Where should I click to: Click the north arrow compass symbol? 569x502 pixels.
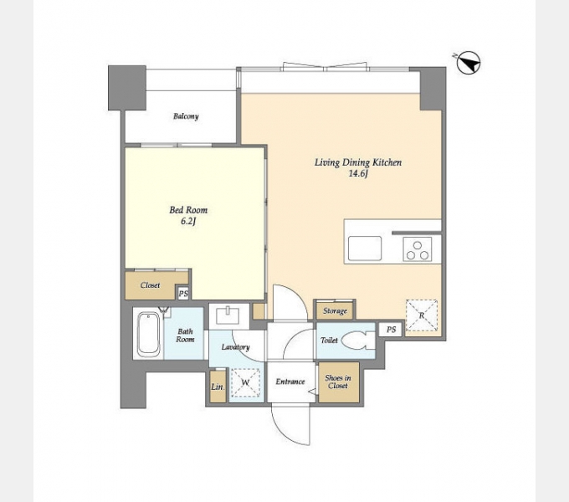tap(468, 63)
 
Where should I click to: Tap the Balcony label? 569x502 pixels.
tap(186, 116)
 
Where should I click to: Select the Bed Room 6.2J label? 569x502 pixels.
tap(188, 216)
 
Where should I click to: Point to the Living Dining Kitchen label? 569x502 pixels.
tap(358, 162)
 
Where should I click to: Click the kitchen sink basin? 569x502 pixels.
tap(365, 248)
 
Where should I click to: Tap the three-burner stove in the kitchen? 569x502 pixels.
tap(418, 249)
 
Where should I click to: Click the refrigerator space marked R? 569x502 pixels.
tap(421, 315)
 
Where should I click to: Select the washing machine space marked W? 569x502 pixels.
tap(246, 382)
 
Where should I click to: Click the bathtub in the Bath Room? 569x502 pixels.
tap(148, 334)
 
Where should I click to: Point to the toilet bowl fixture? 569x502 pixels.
tap(358, 341)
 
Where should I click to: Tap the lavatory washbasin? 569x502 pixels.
tap(228, 315)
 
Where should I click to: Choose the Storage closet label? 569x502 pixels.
tap(335, 311)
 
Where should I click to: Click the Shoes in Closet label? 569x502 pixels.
tap(338, 382)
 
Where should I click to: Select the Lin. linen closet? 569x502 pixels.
tap(218, 387)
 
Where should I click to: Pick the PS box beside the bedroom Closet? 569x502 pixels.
tap(183, 293)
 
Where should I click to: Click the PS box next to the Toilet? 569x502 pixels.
tap(391, 330)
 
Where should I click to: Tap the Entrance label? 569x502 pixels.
tap(290, 382)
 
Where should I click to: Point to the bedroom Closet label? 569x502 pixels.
tap(151, 285)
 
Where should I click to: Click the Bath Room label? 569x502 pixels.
tap(185, 336)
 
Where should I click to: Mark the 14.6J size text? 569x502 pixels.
tap(358, 174)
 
